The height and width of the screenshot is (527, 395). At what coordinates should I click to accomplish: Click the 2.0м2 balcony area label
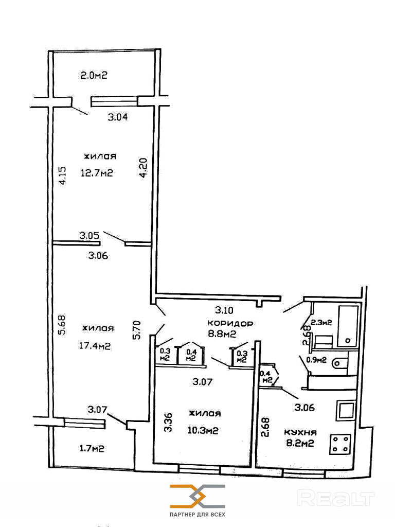[x=94, y=75]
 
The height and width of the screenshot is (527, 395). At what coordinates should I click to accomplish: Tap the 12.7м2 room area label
[x=97, y=173]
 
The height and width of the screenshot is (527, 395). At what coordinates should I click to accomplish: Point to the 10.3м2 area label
[x=203, y=430]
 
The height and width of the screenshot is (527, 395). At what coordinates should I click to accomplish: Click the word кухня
[x=300, y=432]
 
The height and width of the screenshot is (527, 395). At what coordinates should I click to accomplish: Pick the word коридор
[x=230, y=324]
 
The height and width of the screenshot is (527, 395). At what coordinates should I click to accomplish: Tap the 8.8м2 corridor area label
[x=222, y=333]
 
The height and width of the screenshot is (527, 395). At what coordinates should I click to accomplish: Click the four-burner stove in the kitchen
[x=340, y=444]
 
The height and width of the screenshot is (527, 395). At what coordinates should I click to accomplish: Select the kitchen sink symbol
[x=346, y=411]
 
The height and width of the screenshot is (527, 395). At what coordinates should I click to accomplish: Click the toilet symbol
[x=339, y=363]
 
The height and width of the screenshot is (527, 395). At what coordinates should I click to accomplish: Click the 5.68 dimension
[x=62, y=324]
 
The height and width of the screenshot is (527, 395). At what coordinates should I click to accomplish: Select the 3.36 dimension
[x=169, y=422]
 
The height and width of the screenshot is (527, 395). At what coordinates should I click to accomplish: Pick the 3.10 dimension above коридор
[x=224, y=309]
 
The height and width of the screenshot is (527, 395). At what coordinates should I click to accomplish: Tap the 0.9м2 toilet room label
[x=317, y=360]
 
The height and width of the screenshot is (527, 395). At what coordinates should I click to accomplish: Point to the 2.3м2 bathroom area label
[x=321, y=322]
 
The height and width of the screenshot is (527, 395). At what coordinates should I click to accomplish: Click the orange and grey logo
[x=197, y=496]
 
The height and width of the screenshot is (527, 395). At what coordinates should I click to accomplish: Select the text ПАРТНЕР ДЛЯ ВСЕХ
[x=197, y=515]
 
